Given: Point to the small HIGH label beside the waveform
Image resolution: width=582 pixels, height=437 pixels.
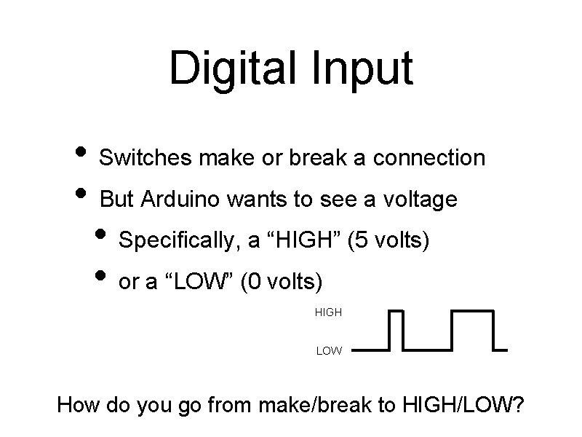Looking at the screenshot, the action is click(328, 312).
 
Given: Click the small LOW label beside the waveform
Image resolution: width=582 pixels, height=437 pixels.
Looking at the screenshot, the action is click(329, 351).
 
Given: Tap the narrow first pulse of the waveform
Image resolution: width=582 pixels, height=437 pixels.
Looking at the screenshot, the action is click(396, 329).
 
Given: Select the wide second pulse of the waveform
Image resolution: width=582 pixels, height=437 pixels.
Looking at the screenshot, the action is click(472, 329).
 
